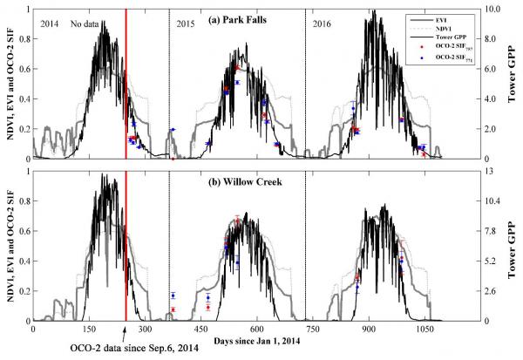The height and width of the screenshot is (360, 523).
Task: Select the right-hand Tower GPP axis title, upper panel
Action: point(510,83)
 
